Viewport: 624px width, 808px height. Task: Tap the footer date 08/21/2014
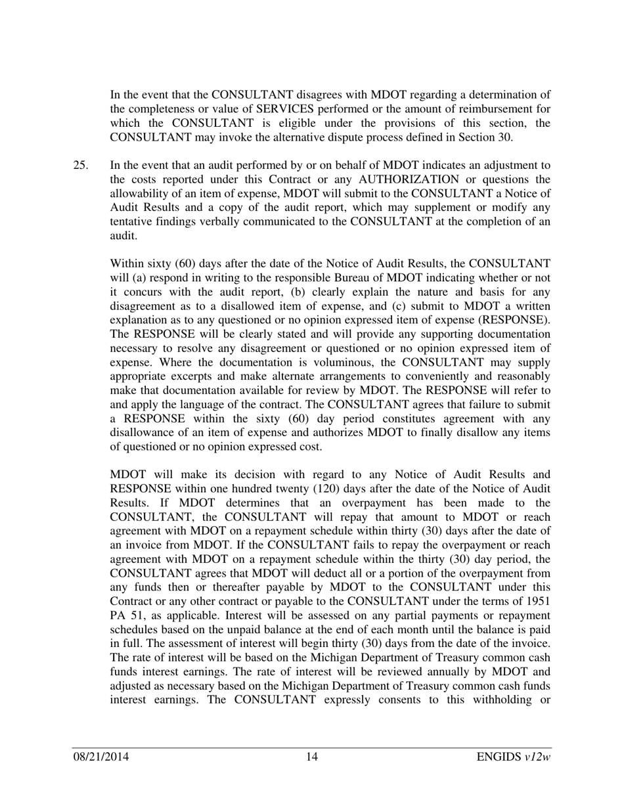[100, 757]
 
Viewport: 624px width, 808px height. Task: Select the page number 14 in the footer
[312, 757]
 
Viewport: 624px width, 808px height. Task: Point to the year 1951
[537, 602]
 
